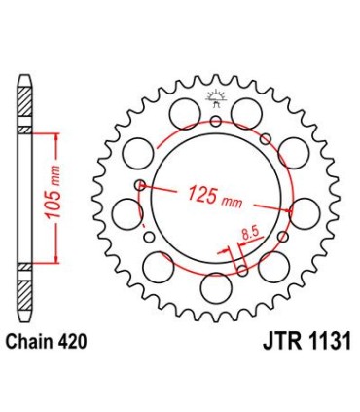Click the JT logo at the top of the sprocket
pos(215,95)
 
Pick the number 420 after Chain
pos(81,340)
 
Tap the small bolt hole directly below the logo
pos(215,121)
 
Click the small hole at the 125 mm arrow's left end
pos(141,185)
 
